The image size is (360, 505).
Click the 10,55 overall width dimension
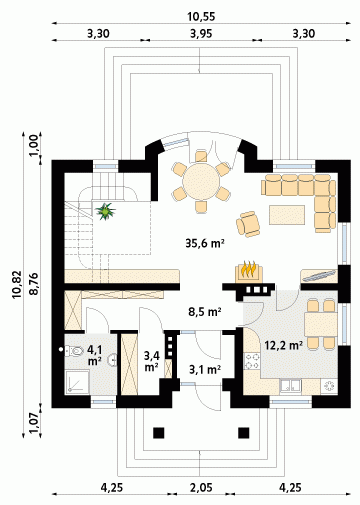click(201, 17)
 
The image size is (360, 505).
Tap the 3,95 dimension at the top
click(201, 34)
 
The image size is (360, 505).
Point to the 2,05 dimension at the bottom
click(201, 488)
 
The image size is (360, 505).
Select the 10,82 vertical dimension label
click(17, 284)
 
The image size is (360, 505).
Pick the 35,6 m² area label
click(204, 244)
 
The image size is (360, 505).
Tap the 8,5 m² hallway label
click(205, 312)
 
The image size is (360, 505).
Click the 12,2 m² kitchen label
click(284, 345)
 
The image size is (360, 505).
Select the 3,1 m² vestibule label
click(205, 369)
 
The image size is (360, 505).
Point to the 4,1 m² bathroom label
click(95, 355)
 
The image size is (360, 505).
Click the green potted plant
click(105, 211)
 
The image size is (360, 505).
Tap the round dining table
click(201, 182)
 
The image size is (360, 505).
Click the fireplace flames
click(249, 269)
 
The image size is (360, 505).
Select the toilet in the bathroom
click(74, 351)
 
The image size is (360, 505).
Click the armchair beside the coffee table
click(248, 224)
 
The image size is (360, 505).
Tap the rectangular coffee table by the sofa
click(287, 215)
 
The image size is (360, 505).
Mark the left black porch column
click(159, 433)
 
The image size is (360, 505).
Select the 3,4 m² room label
click(151, 362)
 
